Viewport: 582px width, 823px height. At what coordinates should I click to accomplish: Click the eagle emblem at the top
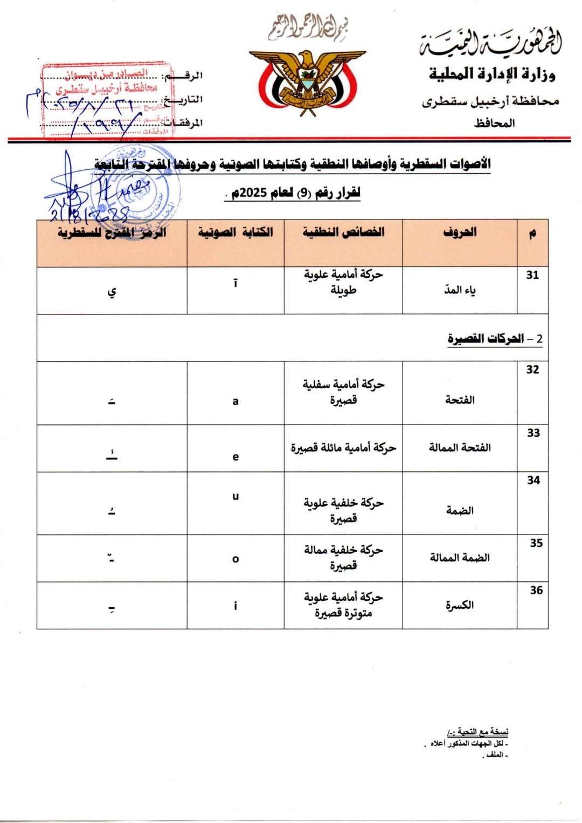[307, 80]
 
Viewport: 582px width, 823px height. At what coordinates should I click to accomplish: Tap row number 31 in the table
[532, 275]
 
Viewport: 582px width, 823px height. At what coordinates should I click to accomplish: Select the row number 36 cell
[536, 591]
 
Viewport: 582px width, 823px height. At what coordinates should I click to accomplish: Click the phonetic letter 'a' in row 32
[235, 401]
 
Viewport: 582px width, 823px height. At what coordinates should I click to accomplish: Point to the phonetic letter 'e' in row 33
[235, 457]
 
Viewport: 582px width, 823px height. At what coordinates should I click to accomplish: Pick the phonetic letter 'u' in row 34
[235, 496]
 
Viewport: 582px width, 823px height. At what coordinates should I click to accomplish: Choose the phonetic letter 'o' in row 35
[235, 559]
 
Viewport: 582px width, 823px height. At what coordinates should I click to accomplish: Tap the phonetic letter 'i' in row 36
[235, 606]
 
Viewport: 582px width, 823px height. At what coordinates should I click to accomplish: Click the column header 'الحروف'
[460, 232]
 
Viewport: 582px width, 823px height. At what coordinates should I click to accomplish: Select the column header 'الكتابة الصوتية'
[235, 232]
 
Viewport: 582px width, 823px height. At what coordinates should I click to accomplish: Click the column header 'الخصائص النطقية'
[343, 232]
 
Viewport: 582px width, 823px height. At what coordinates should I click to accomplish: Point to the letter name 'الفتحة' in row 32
[460, 400]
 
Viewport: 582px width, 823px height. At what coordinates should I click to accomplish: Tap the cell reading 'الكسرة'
[460, 606]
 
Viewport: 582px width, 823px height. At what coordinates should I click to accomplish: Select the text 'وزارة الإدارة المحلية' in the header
[492, 74]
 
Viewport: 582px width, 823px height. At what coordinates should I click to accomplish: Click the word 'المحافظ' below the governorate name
[494, 124]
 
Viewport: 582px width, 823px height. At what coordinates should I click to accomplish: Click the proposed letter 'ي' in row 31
[112, 292]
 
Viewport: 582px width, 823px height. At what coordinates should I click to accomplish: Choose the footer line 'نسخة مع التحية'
[478, 732]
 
